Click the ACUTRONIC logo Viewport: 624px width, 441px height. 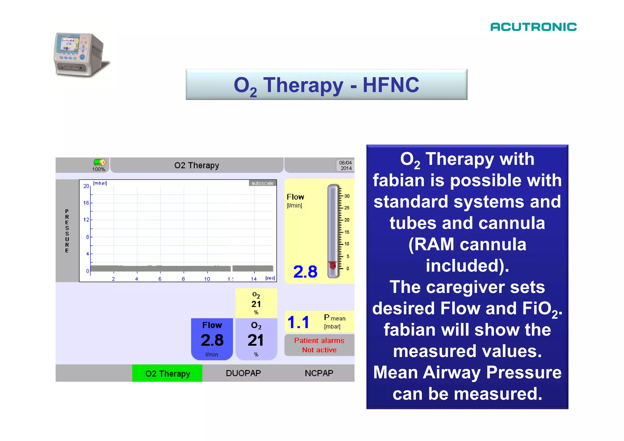coord(533,27)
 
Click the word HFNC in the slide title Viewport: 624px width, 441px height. coord(391,85)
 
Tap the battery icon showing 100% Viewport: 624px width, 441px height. coord(100,162)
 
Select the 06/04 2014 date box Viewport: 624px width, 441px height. coord(346,165)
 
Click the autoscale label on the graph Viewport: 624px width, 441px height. coord(262,183)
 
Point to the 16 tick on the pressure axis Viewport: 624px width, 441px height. coord(86,203)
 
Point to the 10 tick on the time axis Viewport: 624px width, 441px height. coord(207,279)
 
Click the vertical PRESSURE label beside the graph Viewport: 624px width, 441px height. coord(67,231)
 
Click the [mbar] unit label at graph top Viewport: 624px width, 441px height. coord(100,183)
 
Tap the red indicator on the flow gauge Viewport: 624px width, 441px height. coord(332,265)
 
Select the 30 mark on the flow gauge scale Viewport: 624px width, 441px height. coord(347,196)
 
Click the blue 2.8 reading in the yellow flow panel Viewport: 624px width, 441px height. coord(305,272)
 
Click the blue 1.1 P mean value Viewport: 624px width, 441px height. coord(298,322)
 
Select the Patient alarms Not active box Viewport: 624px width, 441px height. coord(319,345)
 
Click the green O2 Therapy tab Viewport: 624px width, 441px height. coord(167,373)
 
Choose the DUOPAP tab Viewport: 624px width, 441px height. coord(243,373)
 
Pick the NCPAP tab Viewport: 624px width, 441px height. coord(319,373)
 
